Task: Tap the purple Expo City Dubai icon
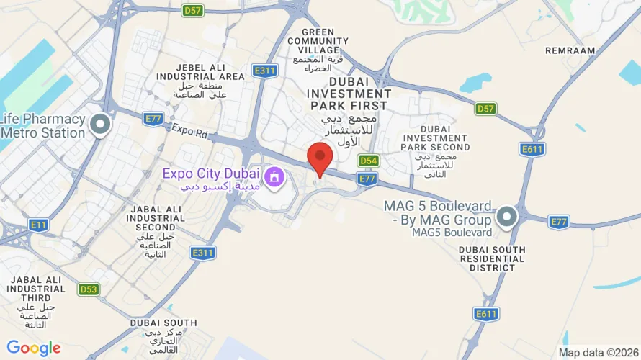click(x=274, y=176)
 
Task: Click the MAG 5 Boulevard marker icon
click(x=507, y=216)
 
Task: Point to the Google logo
click(x=33, y=348)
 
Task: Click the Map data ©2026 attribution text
click(x=597, y=353)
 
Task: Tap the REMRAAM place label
click(x=570, y=51)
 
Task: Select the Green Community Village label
click(x=319, y=42)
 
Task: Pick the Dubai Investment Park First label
click(x=349, y=94)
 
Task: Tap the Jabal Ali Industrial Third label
click(x=36, y=289)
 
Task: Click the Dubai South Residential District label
click(x=492, y=258)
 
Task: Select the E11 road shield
click(x=39, y=225)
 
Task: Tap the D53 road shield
click(x=88, y=289)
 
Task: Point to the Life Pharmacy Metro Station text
click(x=43, y=126)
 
